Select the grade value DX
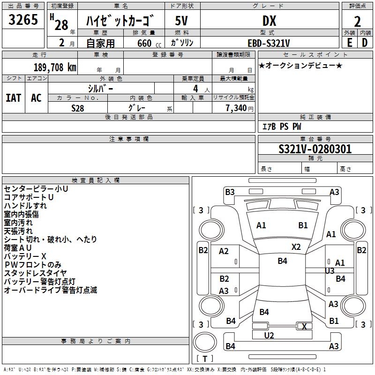click(269, 21)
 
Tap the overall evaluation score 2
click(357, 21)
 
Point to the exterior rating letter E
click(349, 42)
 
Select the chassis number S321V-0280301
click(315, 150)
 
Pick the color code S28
click(78, 108)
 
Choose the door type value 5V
click(181, 21)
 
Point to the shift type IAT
click(13, 98)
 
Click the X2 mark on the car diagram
click(296, 247)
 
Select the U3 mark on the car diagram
click(330, 271)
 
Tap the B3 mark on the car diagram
click(230, 192)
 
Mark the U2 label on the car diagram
click(269, 335)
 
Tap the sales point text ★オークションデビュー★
click(300, 65)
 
